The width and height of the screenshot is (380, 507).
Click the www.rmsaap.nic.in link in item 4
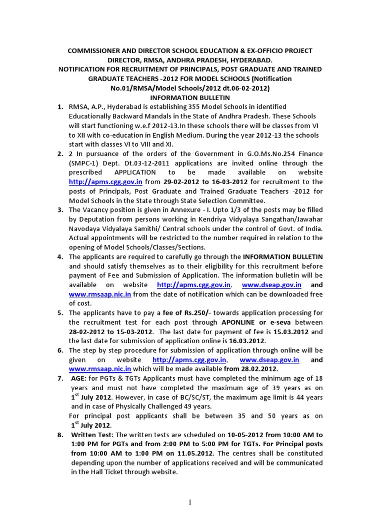(99, 295)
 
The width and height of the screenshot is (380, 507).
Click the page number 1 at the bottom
(190, 501)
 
